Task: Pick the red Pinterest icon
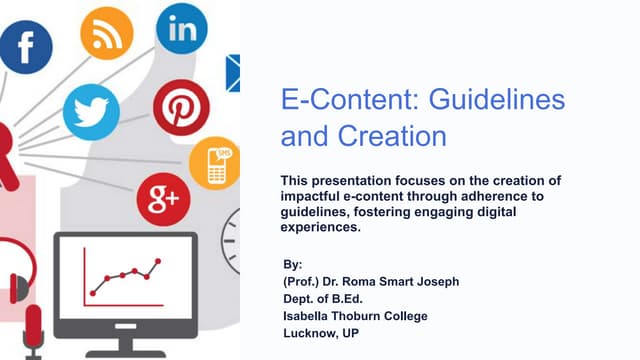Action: [180, 107]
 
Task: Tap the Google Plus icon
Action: [163, 200]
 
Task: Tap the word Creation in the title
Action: [394, 134]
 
